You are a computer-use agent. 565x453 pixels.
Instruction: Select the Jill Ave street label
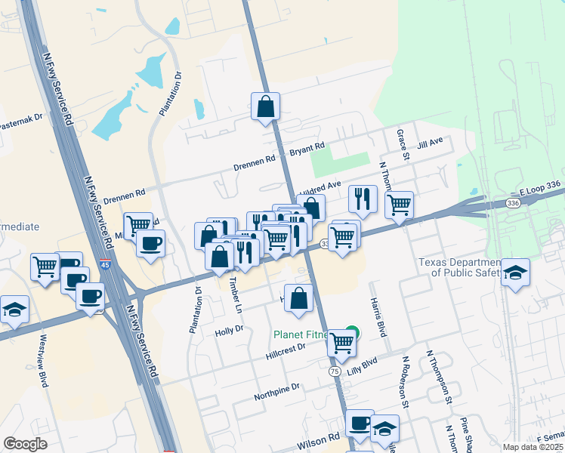point(430,142)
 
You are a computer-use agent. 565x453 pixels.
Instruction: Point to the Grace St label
point(403,144)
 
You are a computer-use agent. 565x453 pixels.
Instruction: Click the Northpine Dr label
point(277,387)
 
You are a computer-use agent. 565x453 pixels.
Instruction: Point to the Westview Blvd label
point(44,361)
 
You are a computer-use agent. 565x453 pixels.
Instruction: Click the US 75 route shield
point(334,371)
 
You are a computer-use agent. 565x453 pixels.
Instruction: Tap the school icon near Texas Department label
point(516,273)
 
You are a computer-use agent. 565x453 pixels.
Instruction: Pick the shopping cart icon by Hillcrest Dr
point(341,343)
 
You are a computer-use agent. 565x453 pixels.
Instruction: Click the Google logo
point(25,444)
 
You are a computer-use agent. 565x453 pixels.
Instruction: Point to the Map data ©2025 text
point(533,447)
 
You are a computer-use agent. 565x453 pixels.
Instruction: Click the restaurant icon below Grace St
point(363,198)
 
